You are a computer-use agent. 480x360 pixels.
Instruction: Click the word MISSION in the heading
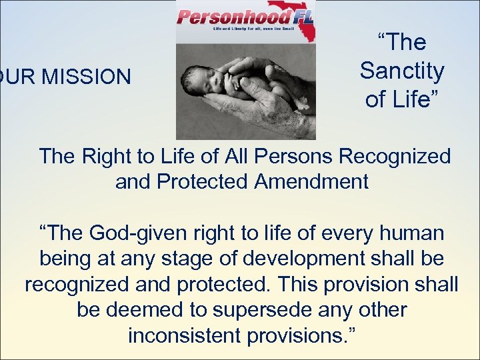[x=89, y=77]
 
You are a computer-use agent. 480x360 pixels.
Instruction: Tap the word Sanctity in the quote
[x=402, y=70]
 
